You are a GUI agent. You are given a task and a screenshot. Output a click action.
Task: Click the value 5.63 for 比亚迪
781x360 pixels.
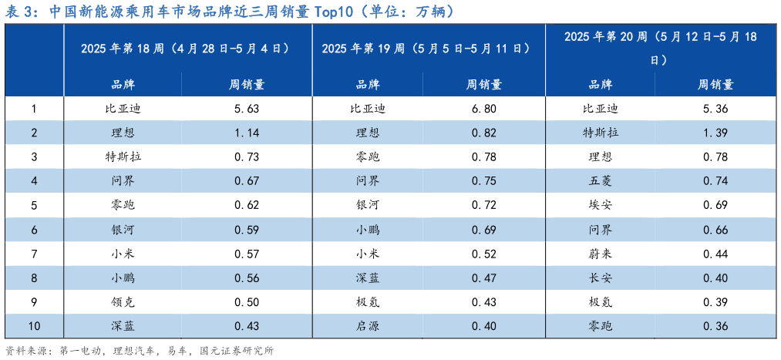tap(246, 109)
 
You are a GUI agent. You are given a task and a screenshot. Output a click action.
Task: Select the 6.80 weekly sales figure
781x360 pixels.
tap(483, 109)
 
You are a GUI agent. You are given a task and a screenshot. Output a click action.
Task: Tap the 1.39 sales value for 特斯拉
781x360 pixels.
tap(715, 133)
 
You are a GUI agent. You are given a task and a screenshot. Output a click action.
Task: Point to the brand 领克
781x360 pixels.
tap(123, 303)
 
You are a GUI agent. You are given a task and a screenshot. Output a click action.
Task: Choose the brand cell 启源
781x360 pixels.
tap(367, 327)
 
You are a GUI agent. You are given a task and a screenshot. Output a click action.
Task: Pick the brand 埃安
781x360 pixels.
tap(600, 206)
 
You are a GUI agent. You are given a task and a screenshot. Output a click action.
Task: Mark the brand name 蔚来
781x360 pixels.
tap(600, 254)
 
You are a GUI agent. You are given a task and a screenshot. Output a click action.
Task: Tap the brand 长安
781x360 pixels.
tap(600, 278)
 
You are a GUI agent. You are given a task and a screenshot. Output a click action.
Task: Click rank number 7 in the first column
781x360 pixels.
tap(34, 254)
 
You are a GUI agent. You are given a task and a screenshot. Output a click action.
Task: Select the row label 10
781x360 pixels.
tap(34, 327)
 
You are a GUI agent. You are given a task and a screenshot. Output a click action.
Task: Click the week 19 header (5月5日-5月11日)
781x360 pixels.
tap(426, 49)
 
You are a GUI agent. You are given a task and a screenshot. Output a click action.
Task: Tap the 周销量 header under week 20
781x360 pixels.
tap(715, 85)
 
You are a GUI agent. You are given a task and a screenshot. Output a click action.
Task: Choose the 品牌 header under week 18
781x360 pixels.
tap(123, 85)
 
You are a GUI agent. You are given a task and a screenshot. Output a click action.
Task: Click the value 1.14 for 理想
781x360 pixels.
tap(246, 133)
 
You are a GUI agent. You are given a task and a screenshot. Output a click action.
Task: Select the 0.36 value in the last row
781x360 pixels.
tap(715, 327)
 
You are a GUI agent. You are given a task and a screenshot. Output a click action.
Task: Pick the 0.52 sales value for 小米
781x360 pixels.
tap(483, 254)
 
